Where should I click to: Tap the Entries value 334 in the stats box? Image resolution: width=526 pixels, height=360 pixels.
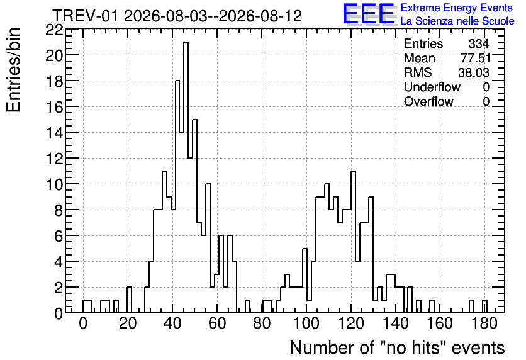coord(479,43)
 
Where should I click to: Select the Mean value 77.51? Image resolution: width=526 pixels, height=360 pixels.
coord(476,58)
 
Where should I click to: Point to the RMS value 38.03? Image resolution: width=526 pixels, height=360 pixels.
coord(474,72)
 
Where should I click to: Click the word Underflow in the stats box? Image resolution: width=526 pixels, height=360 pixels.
coord(432,87)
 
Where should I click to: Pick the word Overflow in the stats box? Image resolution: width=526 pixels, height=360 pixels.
coord(428,101)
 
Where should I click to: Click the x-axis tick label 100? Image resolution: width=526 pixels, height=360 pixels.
coord(306,323)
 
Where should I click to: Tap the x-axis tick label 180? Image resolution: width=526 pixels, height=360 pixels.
coord(484,323)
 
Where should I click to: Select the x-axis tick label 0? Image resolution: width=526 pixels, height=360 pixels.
coord(83,323)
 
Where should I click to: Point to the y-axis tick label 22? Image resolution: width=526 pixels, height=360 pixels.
coord(54,30)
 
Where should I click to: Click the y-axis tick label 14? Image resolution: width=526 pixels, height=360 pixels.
coord(54,133)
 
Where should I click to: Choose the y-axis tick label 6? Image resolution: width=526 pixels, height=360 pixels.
coord(59,236)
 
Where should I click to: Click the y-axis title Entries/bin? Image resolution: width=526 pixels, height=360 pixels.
coord(13,70)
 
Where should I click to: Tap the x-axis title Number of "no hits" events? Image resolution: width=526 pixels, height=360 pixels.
coord(397,347)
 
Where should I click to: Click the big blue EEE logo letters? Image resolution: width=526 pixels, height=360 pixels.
coord(369,14)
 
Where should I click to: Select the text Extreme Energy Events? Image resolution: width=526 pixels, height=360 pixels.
coord(457,8)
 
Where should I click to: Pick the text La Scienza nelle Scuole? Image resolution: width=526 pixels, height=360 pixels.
coord(457,21)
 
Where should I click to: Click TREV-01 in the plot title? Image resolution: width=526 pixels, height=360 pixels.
coord(86,16)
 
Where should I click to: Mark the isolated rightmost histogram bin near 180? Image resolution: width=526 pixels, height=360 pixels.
coord(484,307)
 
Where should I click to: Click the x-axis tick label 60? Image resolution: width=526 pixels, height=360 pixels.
coord(217,323)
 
